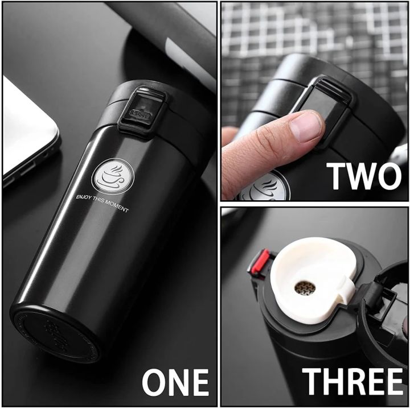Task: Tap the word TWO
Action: click(x=364, y=176)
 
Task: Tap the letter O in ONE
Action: click(x=154, y=382)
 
